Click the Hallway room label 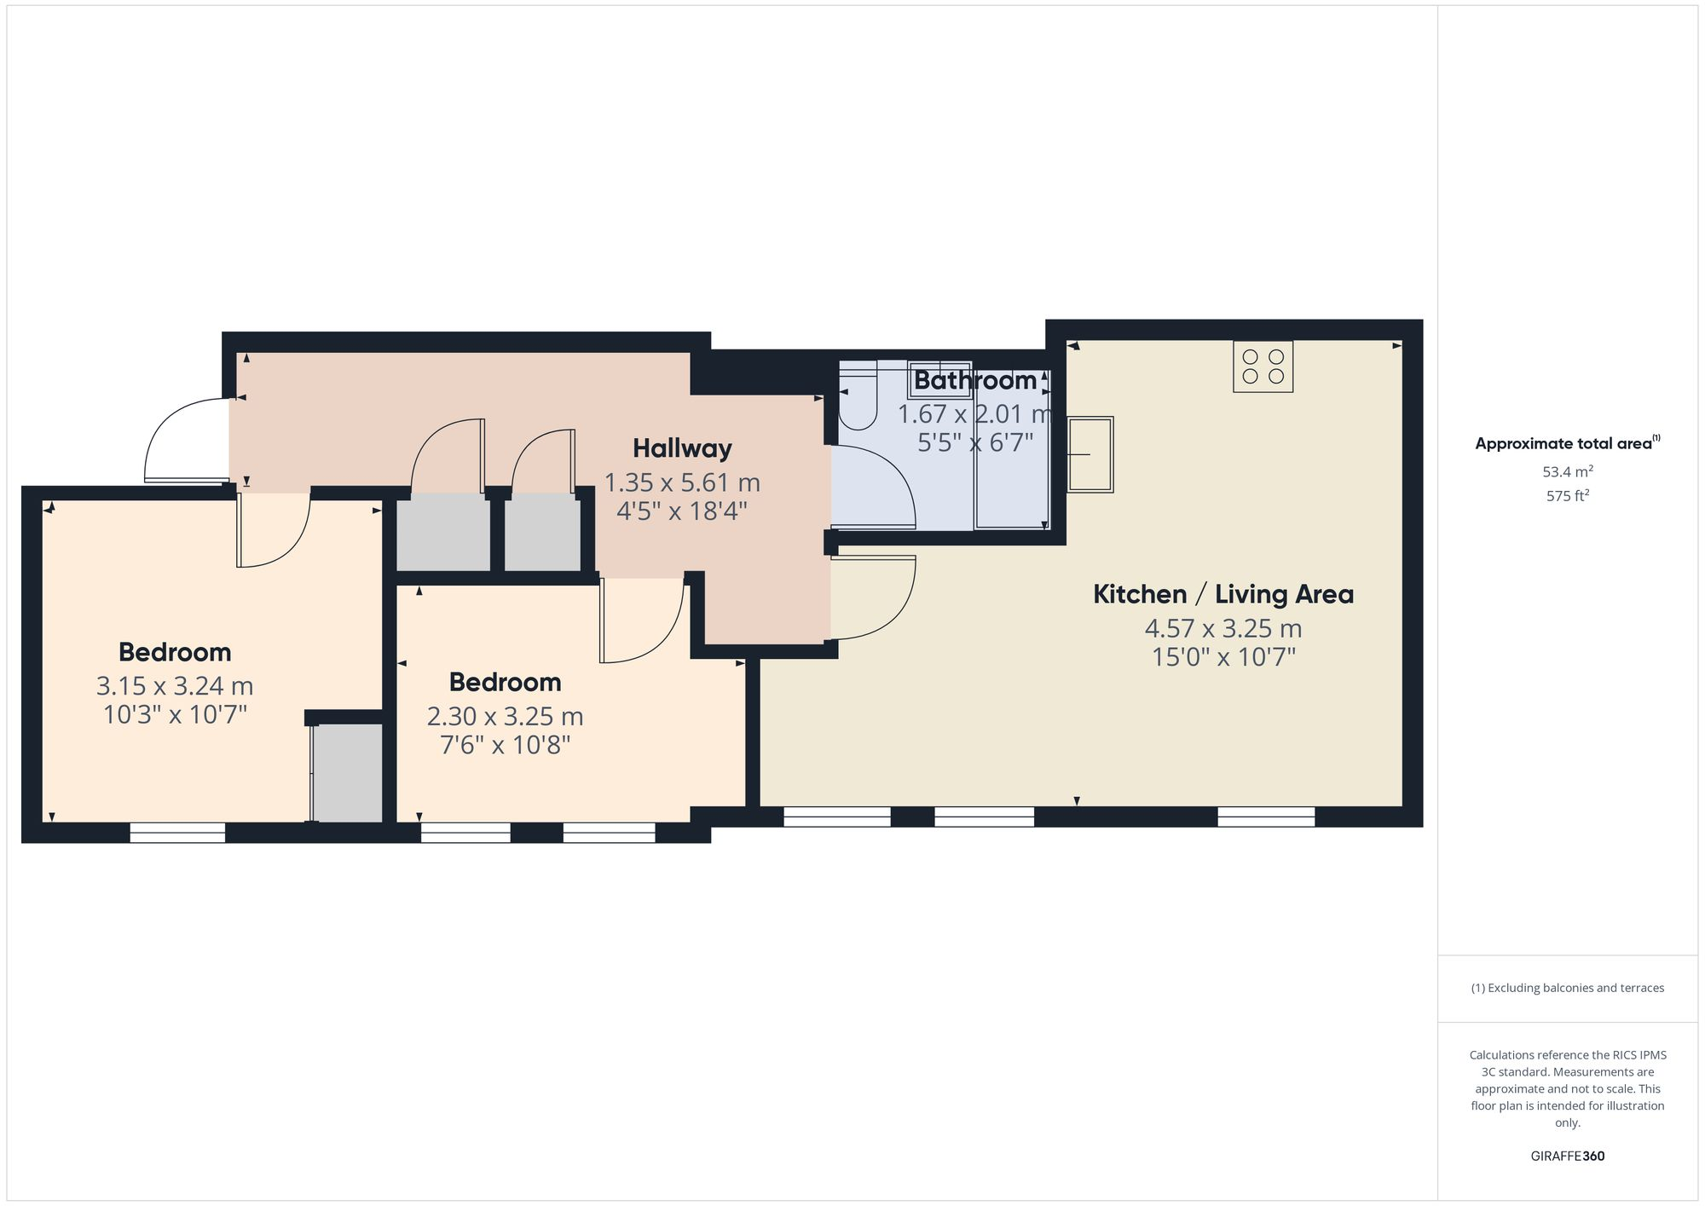[x=682, y=448]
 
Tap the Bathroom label [x=975, y=380]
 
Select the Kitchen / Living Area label [x=1223, y=594]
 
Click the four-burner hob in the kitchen [x=1263, y=366]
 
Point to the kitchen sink [x=1090, y=454]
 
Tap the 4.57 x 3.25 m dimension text [x=1223, y=629]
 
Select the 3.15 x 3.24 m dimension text [x=175, y=686]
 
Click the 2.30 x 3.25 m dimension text [x=505, y=716]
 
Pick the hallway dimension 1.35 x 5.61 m [x=682, y=483]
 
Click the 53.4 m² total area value [x=1568, y=471]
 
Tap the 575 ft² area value [x=1568, y=495]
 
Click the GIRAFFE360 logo [x=1568, y=1157]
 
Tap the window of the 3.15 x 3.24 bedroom [x=177, y=832]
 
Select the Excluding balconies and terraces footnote [x=1568, y=989]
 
